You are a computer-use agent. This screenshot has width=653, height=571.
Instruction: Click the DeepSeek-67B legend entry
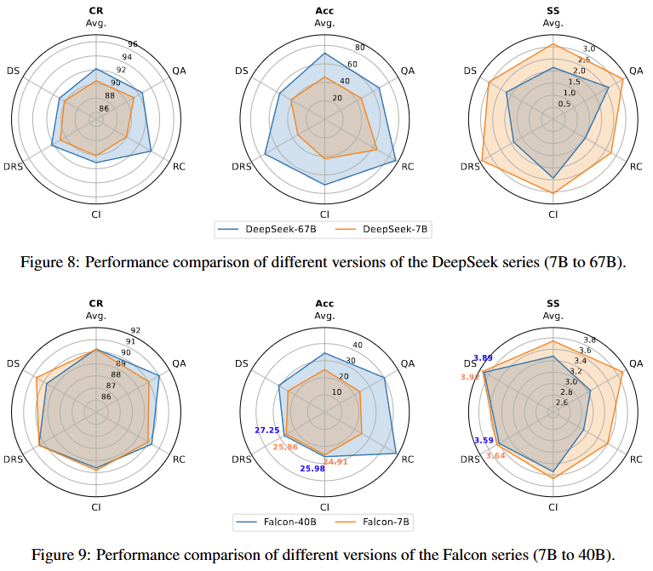click(277, 229)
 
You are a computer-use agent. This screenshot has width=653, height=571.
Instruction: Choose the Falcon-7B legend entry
click(383, 522)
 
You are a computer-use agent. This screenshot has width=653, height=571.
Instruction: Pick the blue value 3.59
click(484, 440)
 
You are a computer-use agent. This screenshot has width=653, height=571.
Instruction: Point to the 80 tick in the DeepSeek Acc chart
click(360, 47)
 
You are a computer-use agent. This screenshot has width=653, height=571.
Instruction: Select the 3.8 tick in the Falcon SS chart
click(587, 340)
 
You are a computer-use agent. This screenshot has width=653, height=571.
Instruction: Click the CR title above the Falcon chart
click(96, 302)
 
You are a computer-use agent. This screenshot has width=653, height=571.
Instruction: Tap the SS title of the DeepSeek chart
click(553, 10)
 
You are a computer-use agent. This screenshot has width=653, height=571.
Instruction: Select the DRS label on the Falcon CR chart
click(13, 460)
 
